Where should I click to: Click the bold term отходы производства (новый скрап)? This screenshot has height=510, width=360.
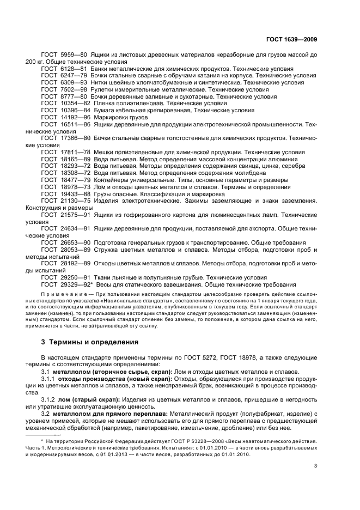[x=106, y=379]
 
